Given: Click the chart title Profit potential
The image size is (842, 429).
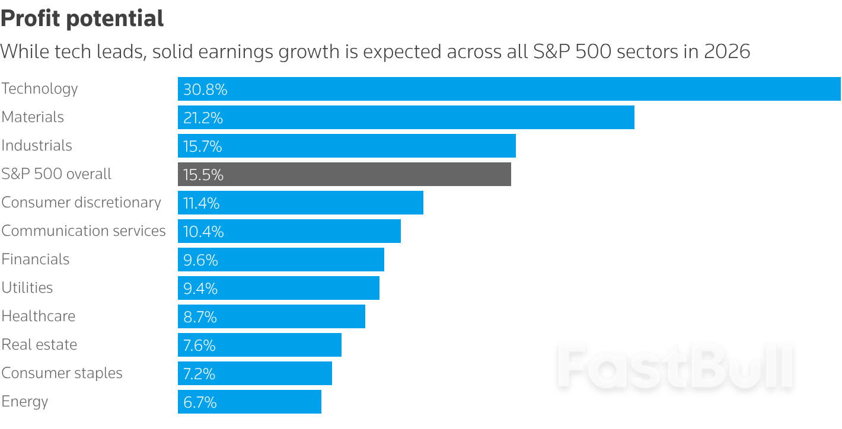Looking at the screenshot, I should tap(82, 19).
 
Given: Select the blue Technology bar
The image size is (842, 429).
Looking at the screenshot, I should tap(509, 89).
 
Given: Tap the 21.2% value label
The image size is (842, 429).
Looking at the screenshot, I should tap(203, 118).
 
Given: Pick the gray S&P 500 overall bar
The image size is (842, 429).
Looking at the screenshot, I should tap(344, 174).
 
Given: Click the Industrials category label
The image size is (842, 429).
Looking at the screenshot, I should tap(37, 146).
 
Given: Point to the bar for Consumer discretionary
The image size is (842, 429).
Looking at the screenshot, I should tap(300, 203).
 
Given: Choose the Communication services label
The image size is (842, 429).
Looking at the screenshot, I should tap(84, 231).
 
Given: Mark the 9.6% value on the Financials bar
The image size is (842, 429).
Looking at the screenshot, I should tap(200, 260).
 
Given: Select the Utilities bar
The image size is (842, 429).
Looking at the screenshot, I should tap(278, 288).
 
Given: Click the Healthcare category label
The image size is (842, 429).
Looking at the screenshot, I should tap(39, 316).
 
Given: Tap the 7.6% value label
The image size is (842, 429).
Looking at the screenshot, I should tap(199, 345).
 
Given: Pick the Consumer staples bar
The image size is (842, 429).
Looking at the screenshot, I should tap(254, 373).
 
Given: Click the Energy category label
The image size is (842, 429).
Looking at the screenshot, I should tap(25, 402).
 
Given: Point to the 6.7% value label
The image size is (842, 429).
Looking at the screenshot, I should tap(200, 402).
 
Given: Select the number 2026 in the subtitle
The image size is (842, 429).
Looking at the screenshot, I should tap(727, 52).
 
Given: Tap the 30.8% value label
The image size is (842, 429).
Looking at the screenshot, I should tap(205, 89).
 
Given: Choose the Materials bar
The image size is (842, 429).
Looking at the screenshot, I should tap(406, 117).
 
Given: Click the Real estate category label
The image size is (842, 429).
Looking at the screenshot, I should tap(39, 345).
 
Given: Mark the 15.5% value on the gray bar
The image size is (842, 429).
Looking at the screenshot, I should tap(203, 175).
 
